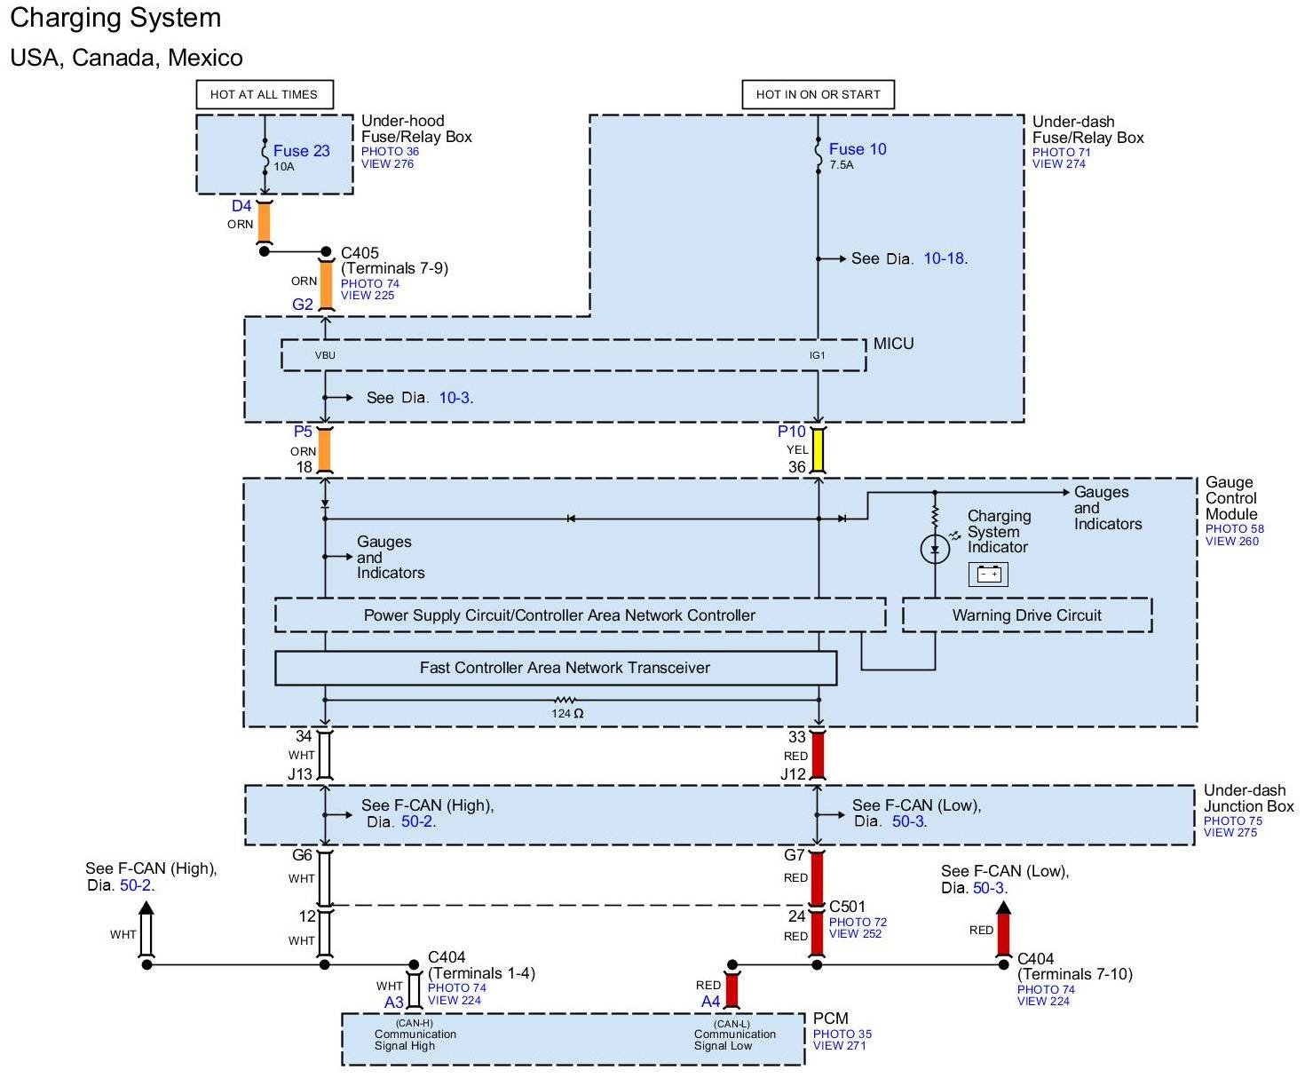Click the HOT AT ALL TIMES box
point(265,94)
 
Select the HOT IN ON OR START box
point(818,94)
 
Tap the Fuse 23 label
point(301,151)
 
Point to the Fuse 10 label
point(858,149)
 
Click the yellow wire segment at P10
point(818,449)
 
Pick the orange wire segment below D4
point(265,222)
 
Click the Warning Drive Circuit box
point(1027,615)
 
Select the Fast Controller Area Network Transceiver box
point(556,668)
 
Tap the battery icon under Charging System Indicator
point(988,574)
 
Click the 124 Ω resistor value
point(567,713)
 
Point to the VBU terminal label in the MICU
point(325,355)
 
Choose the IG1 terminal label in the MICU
point(817,355)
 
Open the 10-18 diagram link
point(945,258)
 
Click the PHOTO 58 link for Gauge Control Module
point(1234,528)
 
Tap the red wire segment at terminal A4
point(732,991)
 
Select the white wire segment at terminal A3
point(414,991)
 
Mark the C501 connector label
point(848,907)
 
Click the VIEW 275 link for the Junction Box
point(1230,832)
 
